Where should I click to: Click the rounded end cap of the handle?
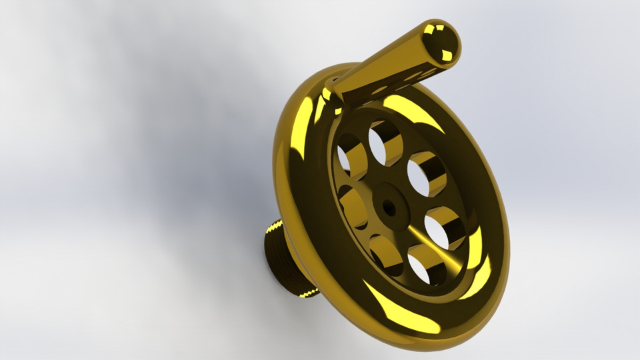click(441, 41)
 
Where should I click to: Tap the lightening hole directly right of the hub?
click(443, 227)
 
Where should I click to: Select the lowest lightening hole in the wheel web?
click(425, 265)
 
